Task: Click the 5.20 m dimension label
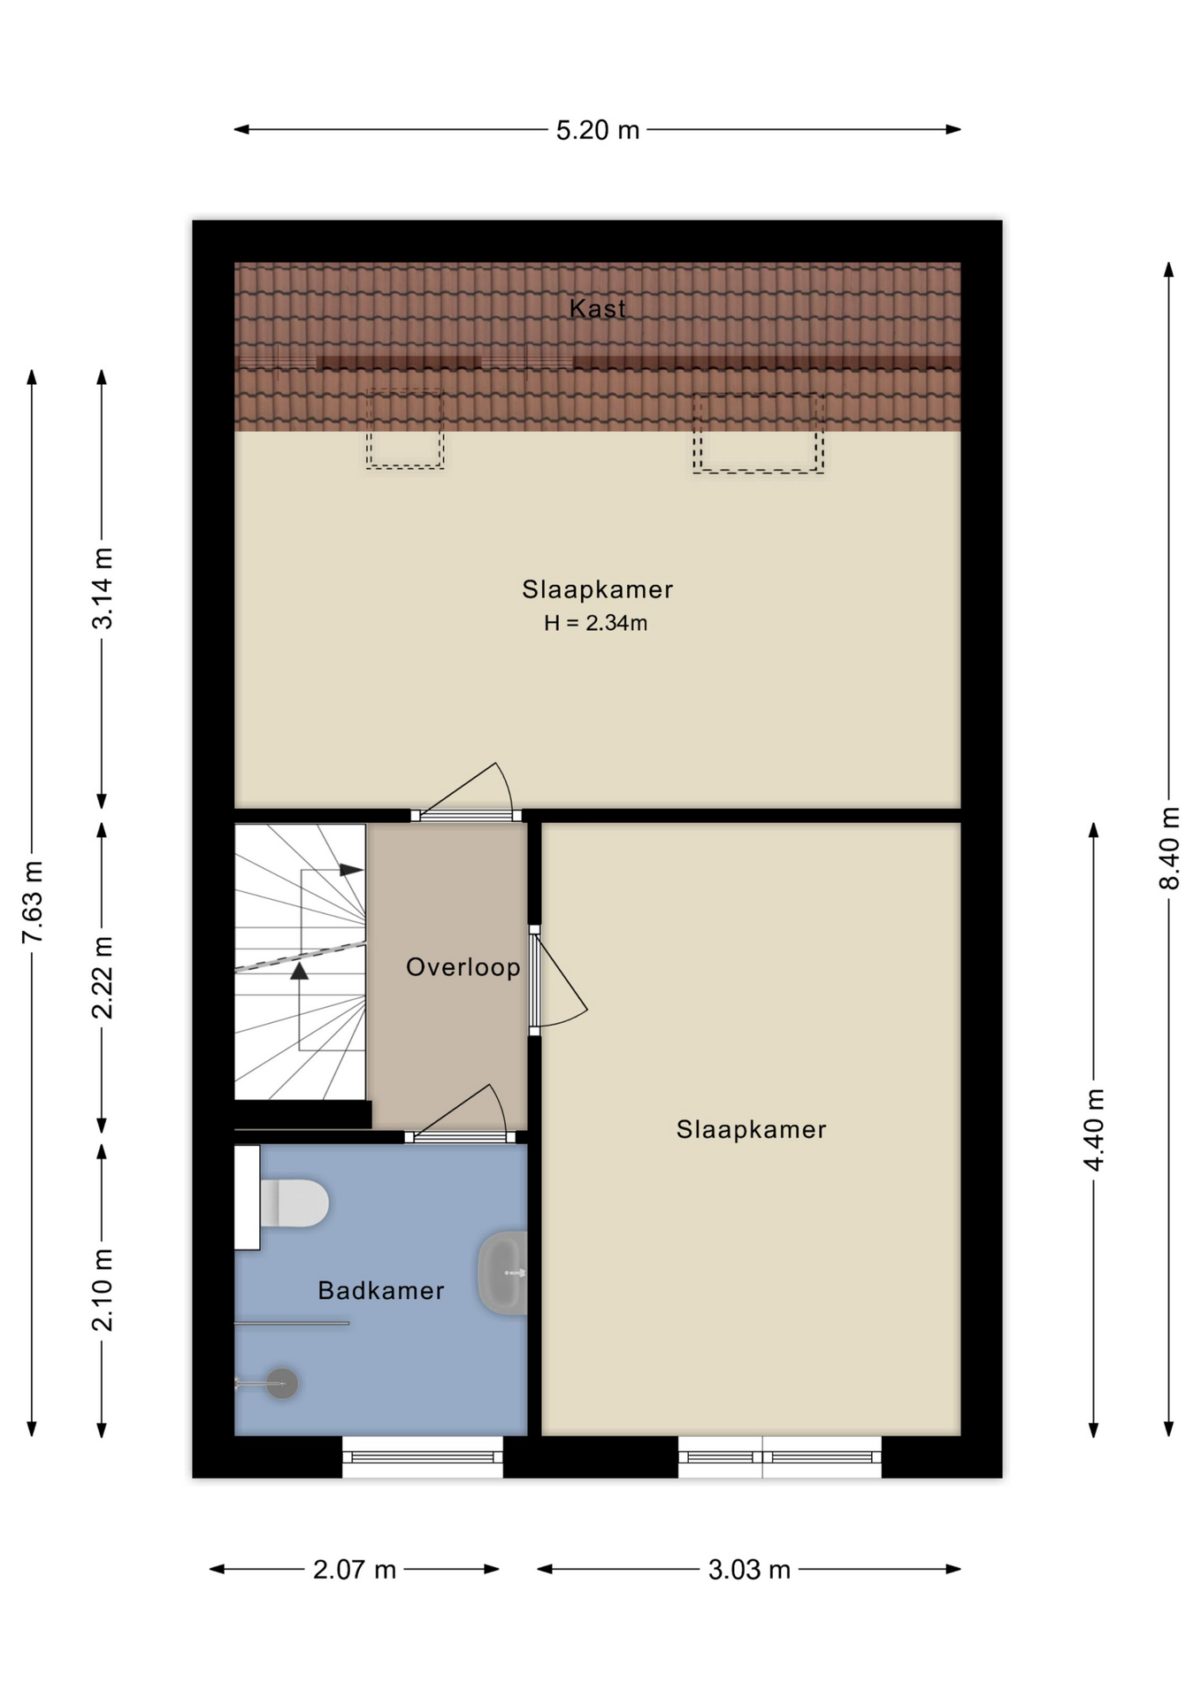pyautogui.click(x=597, y=130)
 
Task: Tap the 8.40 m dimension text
pyautogui.click(x=1169, y=848)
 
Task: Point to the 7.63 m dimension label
pyautogui.click(x=33, y=901)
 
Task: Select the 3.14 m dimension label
pyautogui.click(x=103, y=588)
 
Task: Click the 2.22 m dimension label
pyautogui.click(x=103, y=977)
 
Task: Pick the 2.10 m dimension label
pyautogui.click(x=103, y=1289)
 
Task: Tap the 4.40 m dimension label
pyautogui.click(x=1094, y=1129)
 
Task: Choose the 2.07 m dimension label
pyautogui.click(x=354, y=1570)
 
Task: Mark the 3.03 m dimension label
pyautogui.click(x=749, y=1570)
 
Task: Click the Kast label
pyautogui.click(x=597, y=308)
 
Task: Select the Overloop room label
pyautogui.click(x=463, y=967)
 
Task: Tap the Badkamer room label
pyautogui.click(x=381, y=1290)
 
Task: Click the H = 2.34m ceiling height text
pyautogui.click(x=595, y=623)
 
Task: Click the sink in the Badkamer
pyautogui.click(x=503, y=1272)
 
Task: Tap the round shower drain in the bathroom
pyautogui.click(x=283, y=1383)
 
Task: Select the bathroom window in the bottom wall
pyautogui.click(x=423, y=1457)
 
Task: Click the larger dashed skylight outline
pyautogui.click(x=759, y=433)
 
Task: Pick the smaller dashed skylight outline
pyautogui.click(x=405, y=428)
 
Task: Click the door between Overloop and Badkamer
pyautogui.click(x=460, y=1136)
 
